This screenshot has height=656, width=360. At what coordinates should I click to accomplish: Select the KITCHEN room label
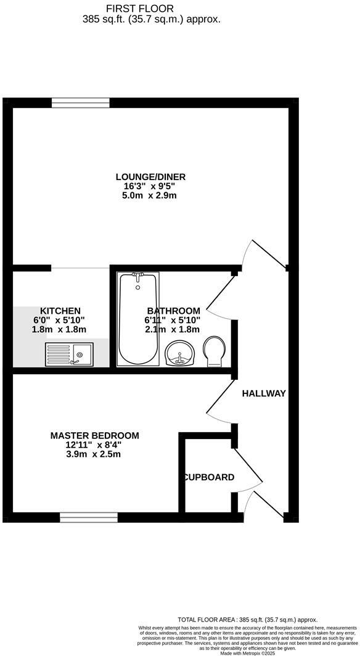click(x=60, y=311)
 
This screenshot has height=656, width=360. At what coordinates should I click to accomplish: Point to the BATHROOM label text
click(x=173, y=311)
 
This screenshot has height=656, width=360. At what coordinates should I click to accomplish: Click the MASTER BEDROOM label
click(x=94, y=435)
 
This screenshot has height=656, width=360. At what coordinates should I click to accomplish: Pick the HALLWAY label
click(x=264, y=393)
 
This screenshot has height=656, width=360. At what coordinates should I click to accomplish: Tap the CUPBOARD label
click(x=208, y=477)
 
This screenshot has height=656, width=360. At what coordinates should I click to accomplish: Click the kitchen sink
click(x=68, y=354)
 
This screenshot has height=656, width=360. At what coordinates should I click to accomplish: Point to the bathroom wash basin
click(x=180, y=353)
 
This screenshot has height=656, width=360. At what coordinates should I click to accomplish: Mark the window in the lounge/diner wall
click(x=81, y=102)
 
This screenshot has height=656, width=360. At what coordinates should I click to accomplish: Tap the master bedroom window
click(x=88, y=517)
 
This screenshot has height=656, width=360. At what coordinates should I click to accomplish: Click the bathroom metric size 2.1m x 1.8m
click(x=173, y=329)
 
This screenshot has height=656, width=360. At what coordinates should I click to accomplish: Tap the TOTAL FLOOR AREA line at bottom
click(x=247, y=619)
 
